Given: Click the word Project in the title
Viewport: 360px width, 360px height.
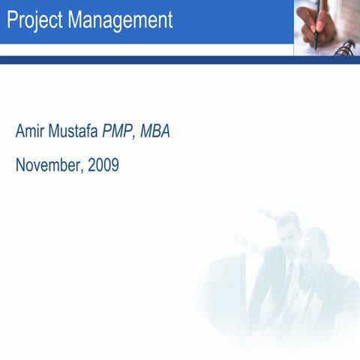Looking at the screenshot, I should [x=34, y=21].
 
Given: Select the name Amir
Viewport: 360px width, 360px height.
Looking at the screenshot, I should [x=29, y=133].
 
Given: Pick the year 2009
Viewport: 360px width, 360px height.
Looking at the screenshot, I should [x=103, y=165].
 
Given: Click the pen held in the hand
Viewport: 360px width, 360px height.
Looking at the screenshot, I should [x=318, y=26].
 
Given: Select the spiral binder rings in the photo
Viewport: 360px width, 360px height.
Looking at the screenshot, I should [x=344, y=49].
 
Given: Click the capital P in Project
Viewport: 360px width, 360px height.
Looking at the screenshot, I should [x=12, y=20].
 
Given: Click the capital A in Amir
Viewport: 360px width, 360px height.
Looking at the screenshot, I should [x=20, y=133].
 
